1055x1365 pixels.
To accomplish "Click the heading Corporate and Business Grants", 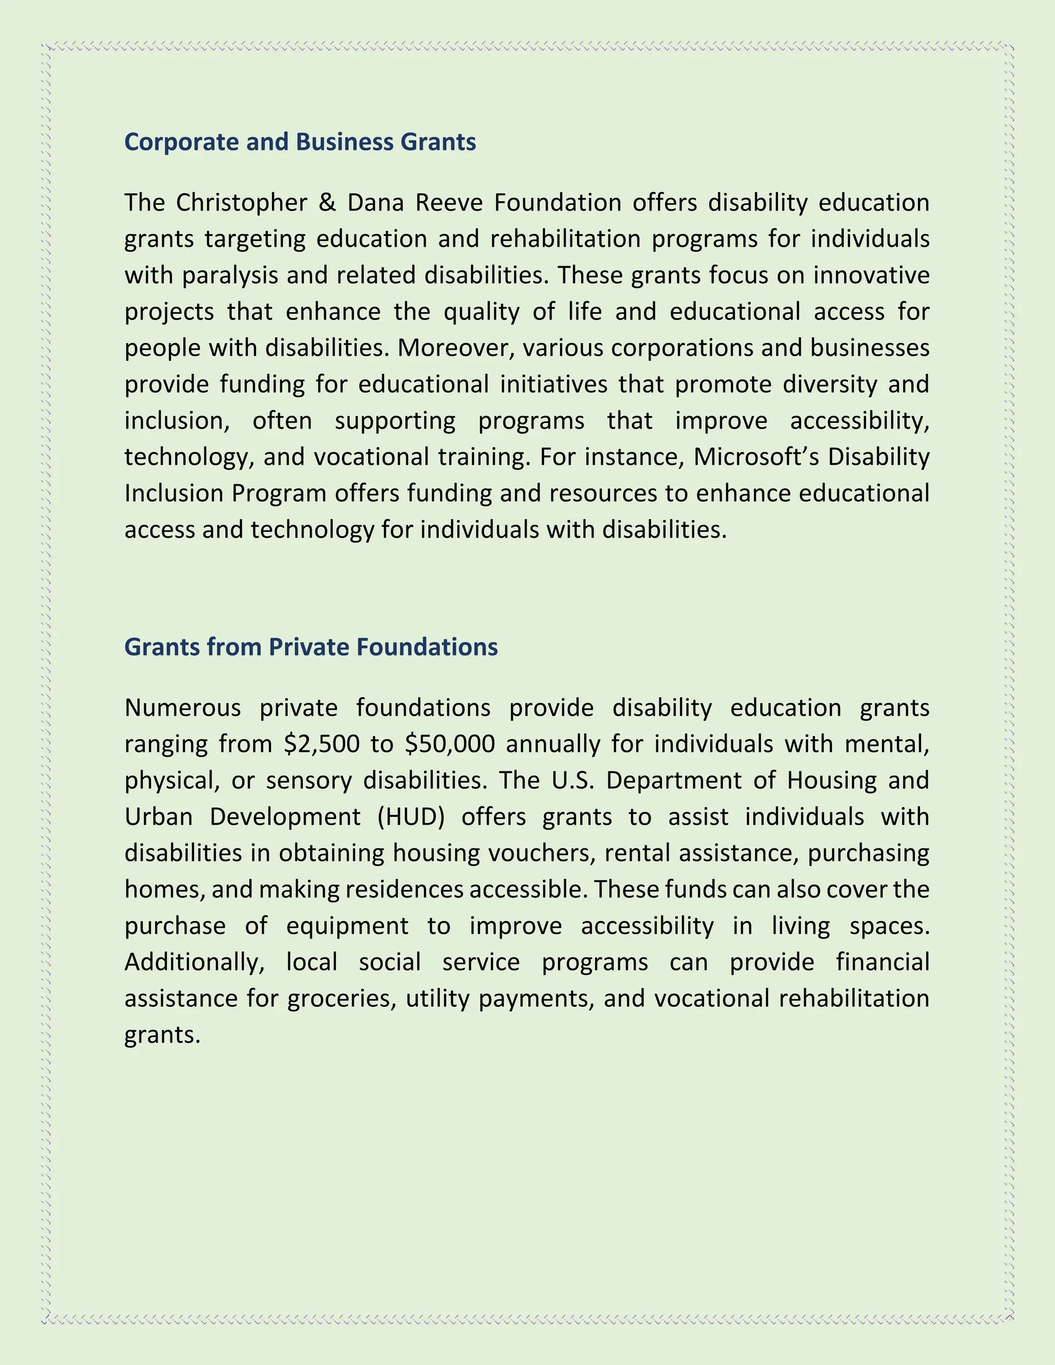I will (300, 143).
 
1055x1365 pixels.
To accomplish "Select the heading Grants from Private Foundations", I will (311, 647).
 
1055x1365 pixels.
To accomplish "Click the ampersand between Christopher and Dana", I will (327, 203).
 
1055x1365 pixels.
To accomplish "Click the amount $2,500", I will (321, 744).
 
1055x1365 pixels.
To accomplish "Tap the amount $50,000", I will (450, 744).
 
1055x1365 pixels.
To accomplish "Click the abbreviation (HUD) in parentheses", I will (411, 817).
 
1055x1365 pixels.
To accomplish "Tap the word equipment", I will (347, 926).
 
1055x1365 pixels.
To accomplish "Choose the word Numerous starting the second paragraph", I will (182, 708).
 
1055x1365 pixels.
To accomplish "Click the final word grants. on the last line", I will (162, 1034).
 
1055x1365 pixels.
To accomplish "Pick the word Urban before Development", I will (158, 817).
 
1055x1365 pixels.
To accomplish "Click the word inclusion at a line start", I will (176, 421).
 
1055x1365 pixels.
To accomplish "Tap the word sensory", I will (309, 780).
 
